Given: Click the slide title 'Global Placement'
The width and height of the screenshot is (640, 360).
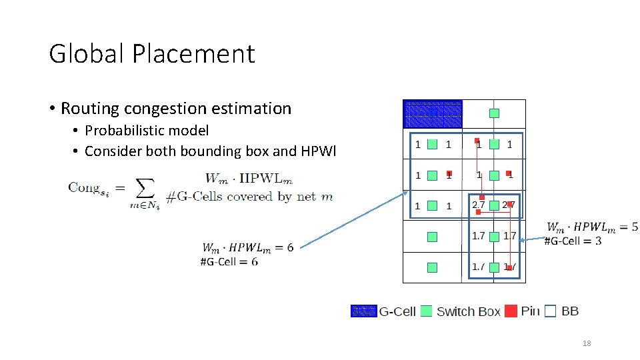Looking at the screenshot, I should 152,53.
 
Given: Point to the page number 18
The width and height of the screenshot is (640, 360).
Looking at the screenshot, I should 587,343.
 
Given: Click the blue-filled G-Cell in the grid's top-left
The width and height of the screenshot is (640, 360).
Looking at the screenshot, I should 433,114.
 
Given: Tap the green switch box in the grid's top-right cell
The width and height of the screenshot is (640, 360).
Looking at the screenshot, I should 494,113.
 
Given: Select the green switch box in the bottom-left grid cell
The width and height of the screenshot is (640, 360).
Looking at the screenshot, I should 432,267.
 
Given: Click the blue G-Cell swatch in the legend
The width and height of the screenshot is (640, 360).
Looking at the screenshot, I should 364,311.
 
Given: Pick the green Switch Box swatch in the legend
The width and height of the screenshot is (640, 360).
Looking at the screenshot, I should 427,311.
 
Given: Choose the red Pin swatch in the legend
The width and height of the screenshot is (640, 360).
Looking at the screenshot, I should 511,311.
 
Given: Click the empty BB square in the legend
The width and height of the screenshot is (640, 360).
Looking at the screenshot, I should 550,311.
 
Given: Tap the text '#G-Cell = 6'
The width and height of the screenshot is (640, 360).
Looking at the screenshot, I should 229,261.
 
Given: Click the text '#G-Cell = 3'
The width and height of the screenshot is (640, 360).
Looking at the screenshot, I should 573,240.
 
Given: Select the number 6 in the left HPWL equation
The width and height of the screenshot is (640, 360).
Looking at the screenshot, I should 290,247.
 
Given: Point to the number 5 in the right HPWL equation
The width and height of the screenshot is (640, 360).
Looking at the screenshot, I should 634,227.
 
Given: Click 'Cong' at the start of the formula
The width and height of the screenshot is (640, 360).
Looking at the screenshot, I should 83,187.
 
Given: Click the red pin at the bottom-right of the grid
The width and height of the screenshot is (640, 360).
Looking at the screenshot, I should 509,267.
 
